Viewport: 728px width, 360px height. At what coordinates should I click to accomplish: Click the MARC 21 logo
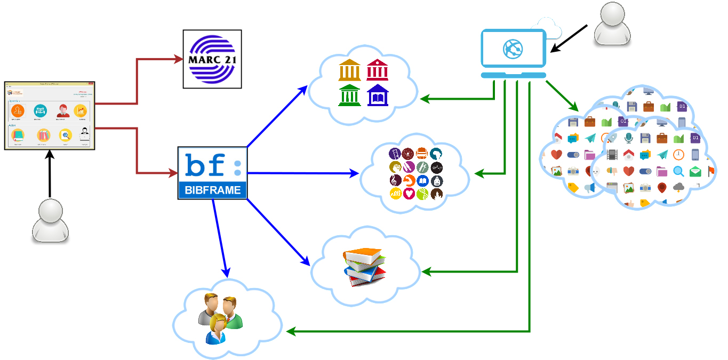click(212, 59)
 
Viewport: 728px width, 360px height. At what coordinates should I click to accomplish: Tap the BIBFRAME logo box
click(212, 173)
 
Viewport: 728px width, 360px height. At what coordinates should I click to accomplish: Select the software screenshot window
click(50, 115)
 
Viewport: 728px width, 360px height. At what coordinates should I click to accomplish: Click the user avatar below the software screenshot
click(50, 221)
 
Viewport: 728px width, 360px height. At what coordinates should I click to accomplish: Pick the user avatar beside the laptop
click(612, 24)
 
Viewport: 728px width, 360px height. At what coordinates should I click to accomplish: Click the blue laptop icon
click(514, 54)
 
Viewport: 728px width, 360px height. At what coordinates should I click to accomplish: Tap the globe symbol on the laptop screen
click(513, 49)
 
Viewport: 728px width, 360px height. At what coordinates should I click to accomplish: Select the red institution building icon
click(377, 70)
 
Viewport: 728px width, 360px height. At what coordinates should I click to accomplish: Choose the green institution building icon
click(349, 95)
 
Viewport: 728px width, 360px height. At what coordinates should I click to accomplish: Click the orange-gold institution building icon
click(349, 70)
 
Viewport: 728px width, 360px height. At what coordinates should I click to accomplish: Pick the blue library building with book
click(378, 95)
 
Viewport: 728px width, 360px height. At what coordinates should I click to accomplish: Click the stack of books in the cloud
click(365, 267)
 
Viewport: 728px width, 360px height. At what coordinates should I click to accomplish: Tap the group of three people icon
click(220, 318)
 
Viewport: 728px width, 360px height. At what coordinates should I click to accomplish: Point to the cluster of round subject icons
click(416, 173)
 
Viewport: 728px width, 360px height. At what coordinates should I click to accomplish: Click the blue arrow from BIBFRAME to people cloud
click(220, 240)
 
